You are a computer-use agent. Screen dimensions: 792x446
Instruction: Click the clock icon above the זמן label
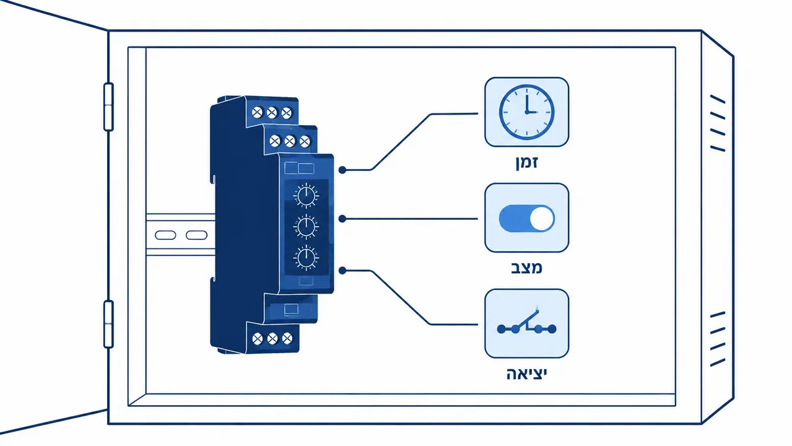coord(526,112)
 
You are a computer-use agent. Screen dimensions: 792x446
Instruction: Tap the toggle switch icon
coord(526,219)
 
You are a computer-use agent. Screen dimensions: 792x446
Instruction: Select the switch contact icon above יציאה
coord(526,323)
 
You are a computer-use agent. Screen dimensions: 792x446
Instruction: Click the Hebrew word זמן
coord(527,162)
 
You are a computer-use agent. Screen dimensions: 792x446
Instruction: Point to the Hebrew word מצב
coord(526,268)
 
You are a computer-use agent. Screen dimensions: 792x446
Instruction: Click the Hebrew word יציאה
coord(526,374)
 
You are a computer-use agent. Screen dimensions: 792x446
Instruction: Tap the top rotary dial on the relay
coord(306,195)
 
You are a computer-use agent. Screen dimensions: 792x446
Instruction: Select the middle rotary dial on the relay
coord(306,226)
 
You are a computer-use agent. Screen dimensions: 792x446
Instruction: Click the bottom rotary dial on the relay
coord(306,258)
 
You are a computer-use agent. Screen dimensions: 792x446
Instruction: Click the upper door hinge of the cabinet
coord(108,107)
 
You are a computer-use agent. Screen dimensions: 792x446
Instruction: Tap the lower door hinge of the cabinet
coord(108,324)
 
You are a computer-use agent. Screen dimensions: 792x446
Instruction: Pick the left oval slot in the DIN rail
coord(165,235)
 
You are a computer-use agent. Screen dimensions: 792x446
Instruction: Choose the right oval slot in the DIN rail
coord(196,235)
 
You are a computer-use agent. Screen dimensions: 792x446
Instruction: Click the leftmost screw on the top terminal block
coord(257,113)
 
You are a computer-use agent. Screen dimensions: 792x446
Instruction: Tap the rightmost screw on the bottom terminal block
coord(287,338)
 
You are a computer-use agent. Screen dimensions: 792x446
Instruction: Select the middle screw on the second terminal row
coord(290,141)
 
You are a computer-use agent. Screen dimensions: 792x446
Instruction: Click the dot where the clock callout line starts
coord(342,170)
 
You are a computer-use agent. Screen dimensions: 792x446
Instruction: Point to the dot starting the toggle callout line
coord(342,219)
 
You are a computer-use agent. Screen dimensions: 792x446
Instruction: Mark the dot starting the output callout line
coord(342,271)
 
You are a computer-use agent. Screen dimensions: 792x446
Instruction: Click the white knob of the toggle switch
coord(542,219)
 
